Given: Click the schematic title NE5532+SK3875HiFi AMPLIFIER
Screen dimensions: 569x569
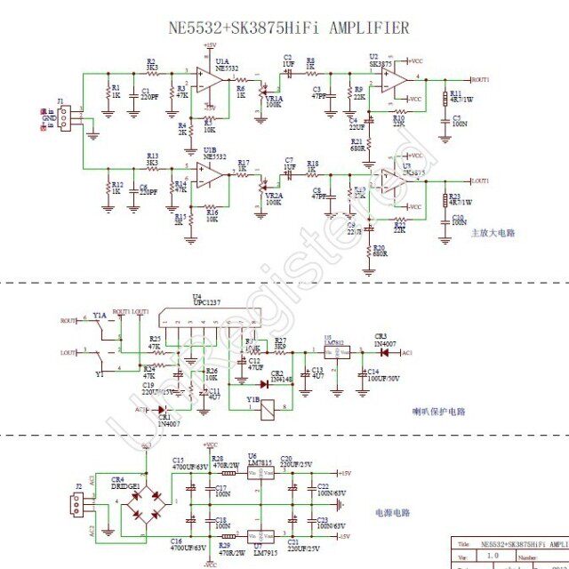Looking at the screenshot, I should pos(289,28).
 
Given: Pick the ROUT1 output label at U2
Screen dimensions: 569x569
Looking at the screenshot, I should pos(479,79).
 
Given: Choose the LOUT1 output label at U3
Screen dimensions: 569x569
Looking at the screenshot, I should pos(479,180).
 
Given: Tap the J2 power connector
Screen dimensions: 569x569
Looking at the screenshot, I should pos(78,506).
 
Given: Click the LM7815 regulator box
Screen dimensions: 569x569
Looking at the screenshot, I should pos(260,473).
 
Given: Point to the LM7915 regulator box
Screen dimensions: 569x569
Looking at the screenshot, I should pos(260,536).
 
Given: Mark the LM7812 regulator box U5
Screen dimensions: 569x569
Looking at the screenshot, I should pos(335,352).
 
